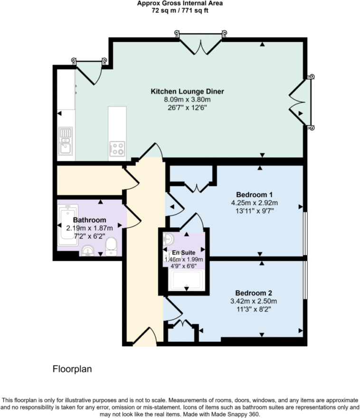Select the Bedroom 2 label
coord(254,293)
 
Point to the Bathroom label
coord(89,220)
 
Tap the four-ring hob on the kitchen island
coord(117,149)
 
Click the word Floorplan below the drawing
coord(71,369)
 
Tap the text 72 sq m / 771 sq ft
coord(180,10)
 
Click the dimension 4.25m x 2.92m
coord(254,202)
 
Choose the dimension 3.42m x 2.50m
coord(254,301)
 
